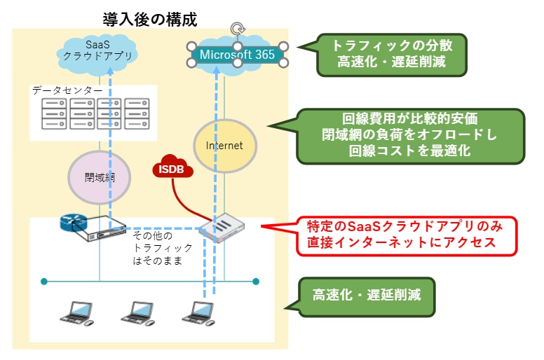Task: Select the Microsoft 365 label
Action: [238, 54]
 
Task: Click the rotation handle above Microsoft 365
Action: [238, 29]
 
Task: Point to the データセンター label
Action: [67, 90]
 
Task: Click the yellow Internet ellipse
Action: [224, 146]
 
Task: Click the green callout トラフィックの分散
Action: [392, 55]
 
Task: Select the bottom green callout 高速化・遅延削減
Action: [367, 294]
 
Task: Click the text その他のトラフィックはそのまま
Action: [162, 248]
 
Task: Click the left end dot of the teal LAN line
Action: [44, 282]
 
